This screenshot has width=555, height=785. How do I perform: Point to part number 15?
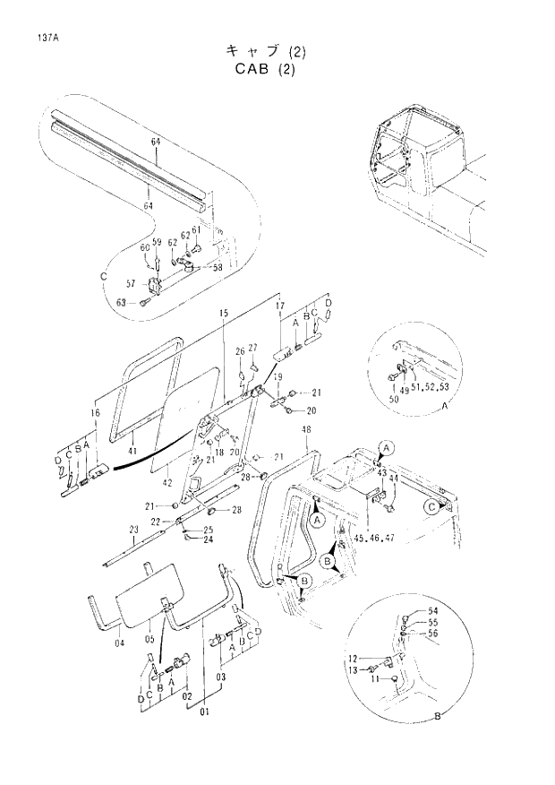click(223, 312)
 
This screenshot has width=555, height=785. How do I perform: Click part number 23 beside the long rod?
click(133, 530)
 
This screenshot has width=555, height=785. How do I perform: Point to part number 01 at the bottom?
click(205, 712)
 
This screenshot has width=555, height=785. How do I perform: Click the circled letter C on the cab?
click(432, 505)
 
